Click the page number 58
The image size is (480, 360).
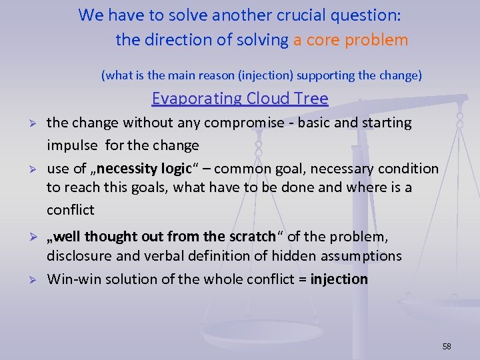click(x=447, y=346)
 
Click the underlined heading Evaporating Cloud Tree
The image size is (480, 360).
click(x=240, y=99)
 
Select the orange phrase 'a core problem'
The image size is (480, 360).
click(x=350, y=40)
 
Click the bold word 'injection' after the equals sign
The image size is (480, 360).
click(x=339, y=279)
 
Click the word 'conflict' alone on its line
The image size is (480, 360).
click(x=70, y=210)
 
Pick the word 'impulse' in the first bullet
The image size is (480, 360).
click(x=70, y=145)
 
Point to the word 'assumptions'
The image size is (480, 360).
click(x=359, y=257)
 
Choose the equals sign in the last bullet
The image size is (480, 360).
click(x=303, y=279)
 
